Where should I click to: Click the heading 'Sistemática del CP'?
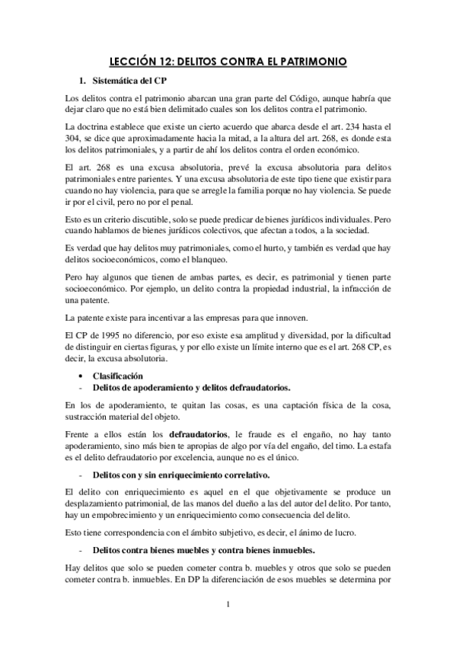tap(129, 81)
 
